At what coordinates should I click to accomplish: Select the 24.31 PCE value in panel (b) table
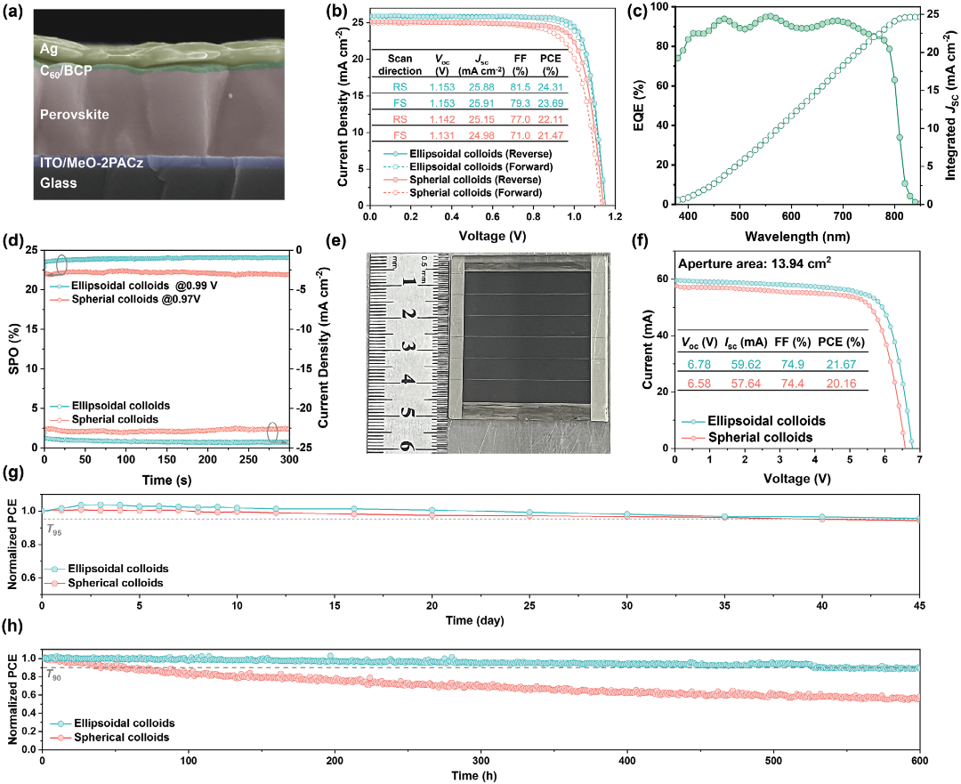point(550,86)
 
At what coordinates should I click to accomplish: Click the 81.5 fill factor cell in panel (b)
point(522,86)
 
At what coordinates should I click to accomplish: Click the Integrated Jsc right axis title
point(949,104)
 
